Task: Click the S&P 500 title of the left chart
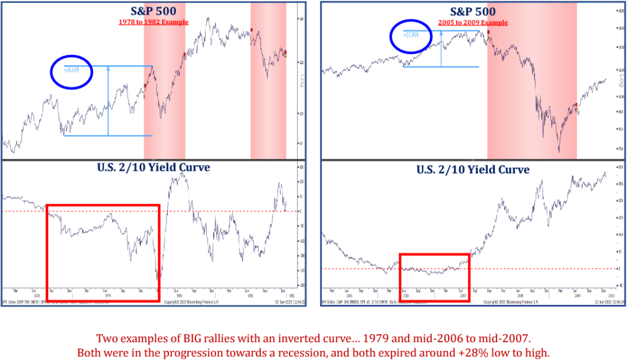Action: (x=152, y=12)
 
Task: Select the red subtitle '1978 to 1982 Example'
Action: (x=152, y=22)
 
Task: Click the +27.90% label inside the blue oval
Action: (x=411, y=34)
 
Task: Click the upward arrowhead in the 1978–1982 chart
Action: (x=108, y=69)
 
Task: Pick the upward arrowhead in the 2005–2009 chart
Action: (x=441, y=34)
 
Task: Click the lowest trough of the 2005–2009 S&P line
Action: (x=559, y=151)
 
